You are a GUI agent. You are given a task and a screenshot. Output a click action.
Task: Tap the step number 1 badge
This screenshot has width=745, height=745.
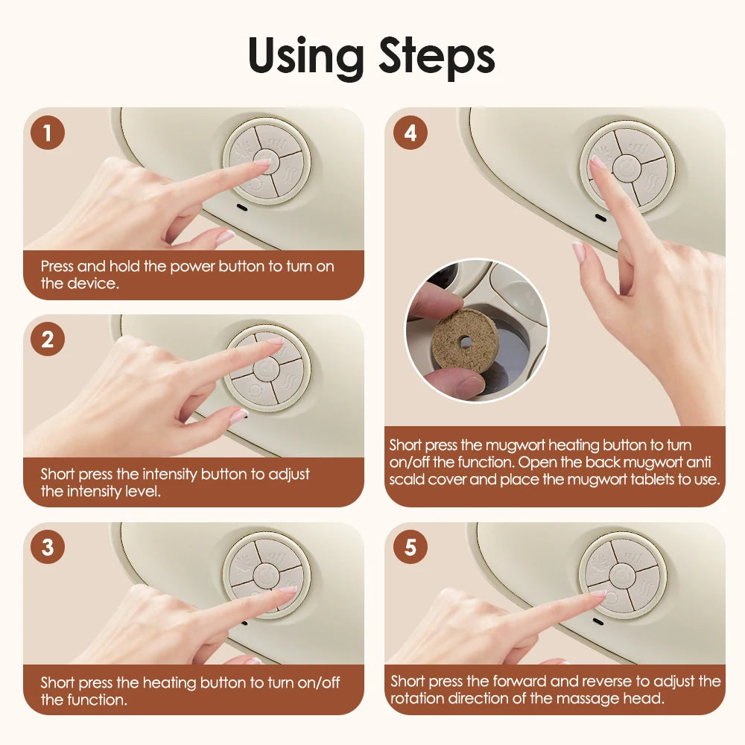[48, 133]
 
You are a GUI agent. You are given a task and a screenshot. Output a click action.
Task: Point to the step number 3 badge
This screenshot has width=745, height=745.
[48, 548]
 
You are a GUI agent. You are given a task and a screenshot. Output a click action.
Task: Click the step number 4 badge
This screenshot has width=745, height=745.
[410, 133]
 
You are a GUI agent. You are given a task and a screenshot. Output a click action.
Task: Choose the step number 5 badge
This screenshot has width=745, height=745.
[410, 548]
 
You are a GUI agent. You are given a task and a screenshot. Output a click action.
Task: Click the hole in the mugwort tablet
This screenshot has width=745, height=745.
[465, 340]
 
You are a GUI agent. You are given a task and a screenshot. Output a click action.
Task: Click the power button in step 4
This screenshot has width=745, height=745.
[627, 168]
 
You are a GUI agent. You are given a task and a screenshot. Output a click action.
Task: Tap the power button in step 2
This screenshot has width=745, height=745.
[266, 369]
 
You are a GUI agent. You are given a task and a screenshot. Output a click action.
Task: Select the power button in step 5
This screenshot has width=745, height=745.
[623, 574]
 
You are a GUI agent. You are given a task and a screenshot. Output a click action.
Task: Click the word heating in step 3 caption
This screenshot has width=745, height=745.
[168, 682]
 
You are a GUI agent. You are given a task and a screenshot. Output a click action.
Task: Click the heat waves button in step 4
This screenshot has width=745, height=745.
[647, 183]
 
